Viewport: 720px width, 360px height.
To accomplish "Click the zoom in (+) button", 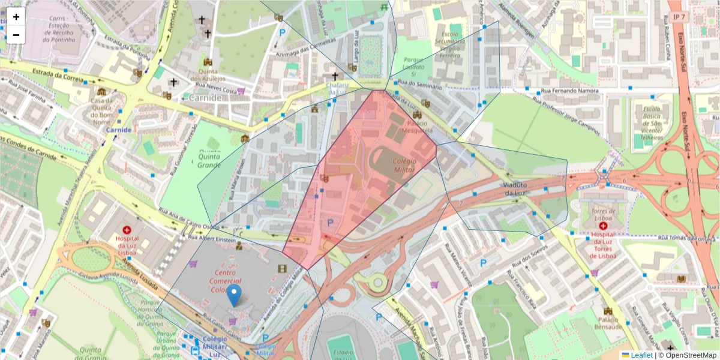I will (16, 17).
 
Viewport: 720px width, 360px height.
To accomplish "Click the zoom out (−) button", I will (16, 35).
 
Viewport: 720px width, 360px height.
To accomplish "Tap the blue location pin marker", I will (235, 296).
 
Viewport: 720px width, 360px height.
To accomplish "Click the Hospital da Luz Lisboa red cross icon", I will (127, 230).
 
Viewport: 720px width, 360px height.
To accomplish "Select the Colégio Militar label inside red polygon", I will (404, 165).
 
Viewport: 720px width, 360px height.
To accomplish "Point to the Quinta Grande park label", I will (209, 161).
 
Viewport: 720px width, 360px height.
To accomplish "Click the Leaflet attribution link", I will (641, 355).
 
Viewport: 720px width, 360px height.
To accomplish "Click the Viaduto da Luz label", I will (519, 188).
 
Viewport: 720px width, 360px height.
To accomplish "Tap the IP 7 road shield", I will (678, 17).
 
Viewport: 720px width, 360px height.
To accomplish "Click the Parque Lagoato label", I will (414, 64).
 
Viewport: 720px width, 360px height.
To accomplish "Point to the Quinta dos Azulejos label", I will (208, 75).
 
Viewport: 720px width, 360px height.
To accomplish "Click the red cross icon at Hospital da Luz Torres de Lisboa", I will (602, 226).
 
